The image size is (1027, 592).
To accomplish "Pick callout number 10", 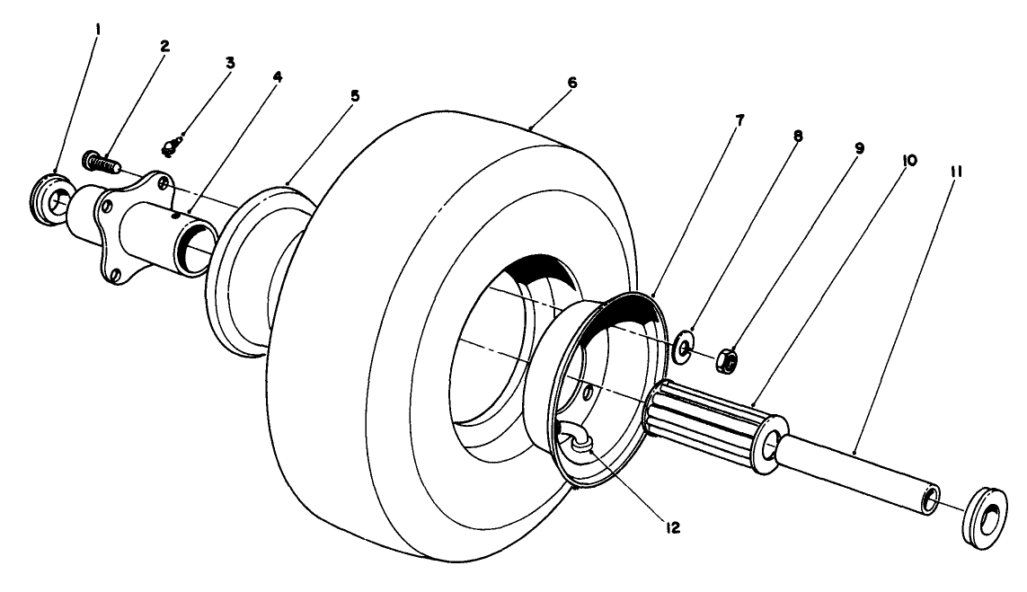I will pos(909,159).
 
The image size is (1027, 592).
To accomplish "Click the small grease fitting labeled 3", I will pos(174,145).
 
